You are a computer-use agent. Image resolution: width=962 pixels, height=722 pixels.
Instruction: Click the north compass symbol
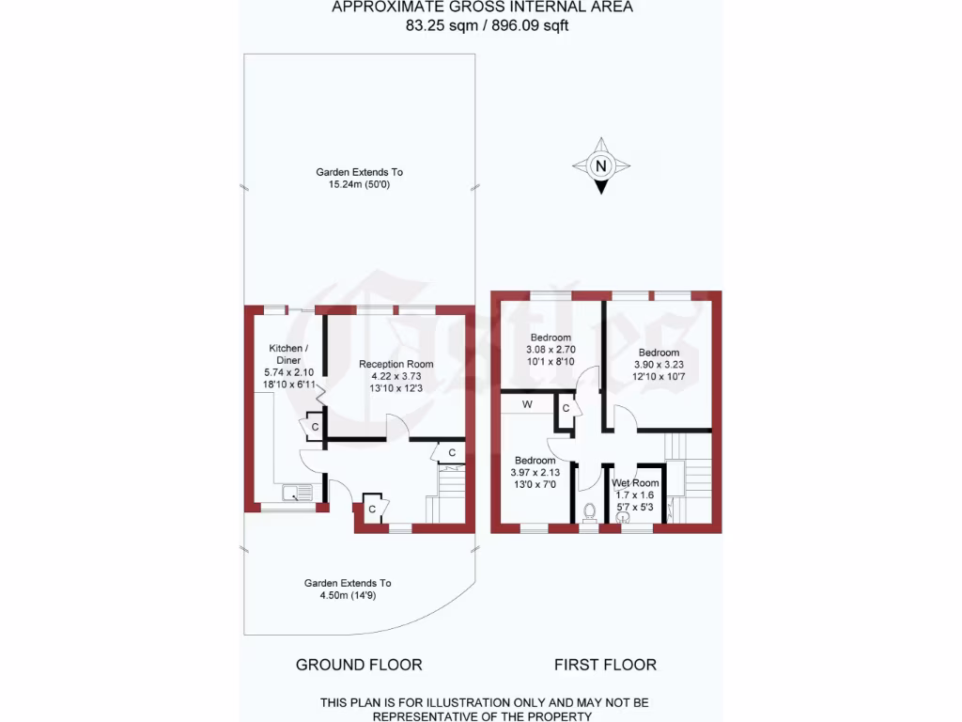tap(601, 166)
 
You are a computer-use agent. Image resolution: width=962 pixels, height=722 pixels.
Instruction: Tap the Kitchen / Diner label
tap(287, 354)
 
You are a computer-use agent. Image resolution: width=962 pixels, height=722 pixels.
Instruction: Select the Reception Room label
tap(396, 364)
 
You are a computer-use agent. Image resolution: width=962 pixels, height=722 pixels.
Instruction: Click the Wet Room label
tap(635, 483)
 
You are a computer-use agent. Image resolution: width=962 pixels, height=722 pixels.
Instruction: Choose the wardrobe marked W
tap(527, 404)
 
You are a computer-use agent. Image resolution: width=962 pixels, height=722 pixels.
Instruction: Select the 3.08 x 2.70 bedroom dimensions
tap(551, 350)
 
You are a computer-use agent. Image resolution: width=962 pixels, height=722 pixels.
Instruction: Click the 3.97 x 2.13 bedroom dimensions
tap(535, 472)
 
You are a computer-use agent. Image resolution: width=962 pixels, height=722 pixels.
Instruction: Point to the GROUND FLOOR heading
tap(359, 665)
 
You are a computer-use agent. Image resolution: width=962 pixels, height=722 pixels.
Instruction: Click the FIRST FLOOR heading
tap(605, 665)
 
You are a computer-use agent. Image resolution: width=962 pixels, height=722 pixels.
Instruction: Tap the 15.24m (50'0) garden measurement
tap(359, 184)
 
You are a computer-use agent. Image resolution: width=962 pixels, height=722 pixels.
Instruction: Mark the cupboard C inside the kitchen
tap(314, 428)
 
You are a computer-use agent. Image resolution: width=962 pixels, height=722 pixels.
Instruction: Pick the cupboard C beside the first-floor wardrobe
tap(566, 409)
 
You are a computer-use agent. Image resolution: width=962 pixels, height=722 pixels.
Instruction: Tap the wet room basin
tap(622, 514)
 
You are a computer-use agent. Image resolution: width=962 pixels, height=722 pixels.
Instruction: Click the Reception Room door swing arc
tap(398, 426)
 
